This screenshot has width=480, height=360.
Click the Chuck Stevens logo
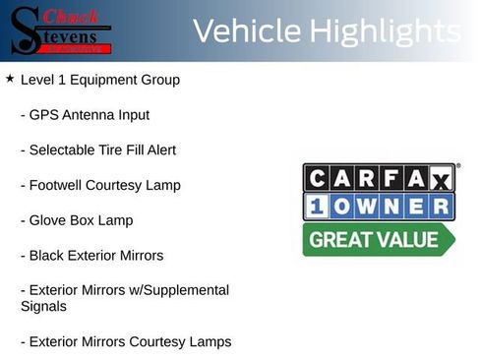pos(58,30)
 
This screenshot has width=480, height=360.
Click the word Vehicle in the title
pos(246,31)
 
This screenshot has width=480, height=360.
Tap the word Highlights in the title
pos(385,31)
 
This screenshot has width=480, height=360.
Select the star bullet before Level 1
pos(10,78)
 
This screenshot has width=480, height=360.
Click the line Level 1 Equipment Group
pos(99,80)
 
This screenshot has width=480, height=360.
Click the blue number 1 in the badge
pos(317,208)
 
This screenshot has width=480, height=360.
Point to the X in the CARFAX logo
pos(440,179)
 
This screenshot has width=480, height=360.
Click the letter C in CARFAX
pos(318,178)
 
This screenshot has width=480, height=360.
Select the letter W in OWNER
pos(369,208)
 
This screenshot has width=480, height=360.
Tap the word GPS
pos(44,115)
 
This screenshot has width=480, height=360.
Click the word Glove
pos(48,220)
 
